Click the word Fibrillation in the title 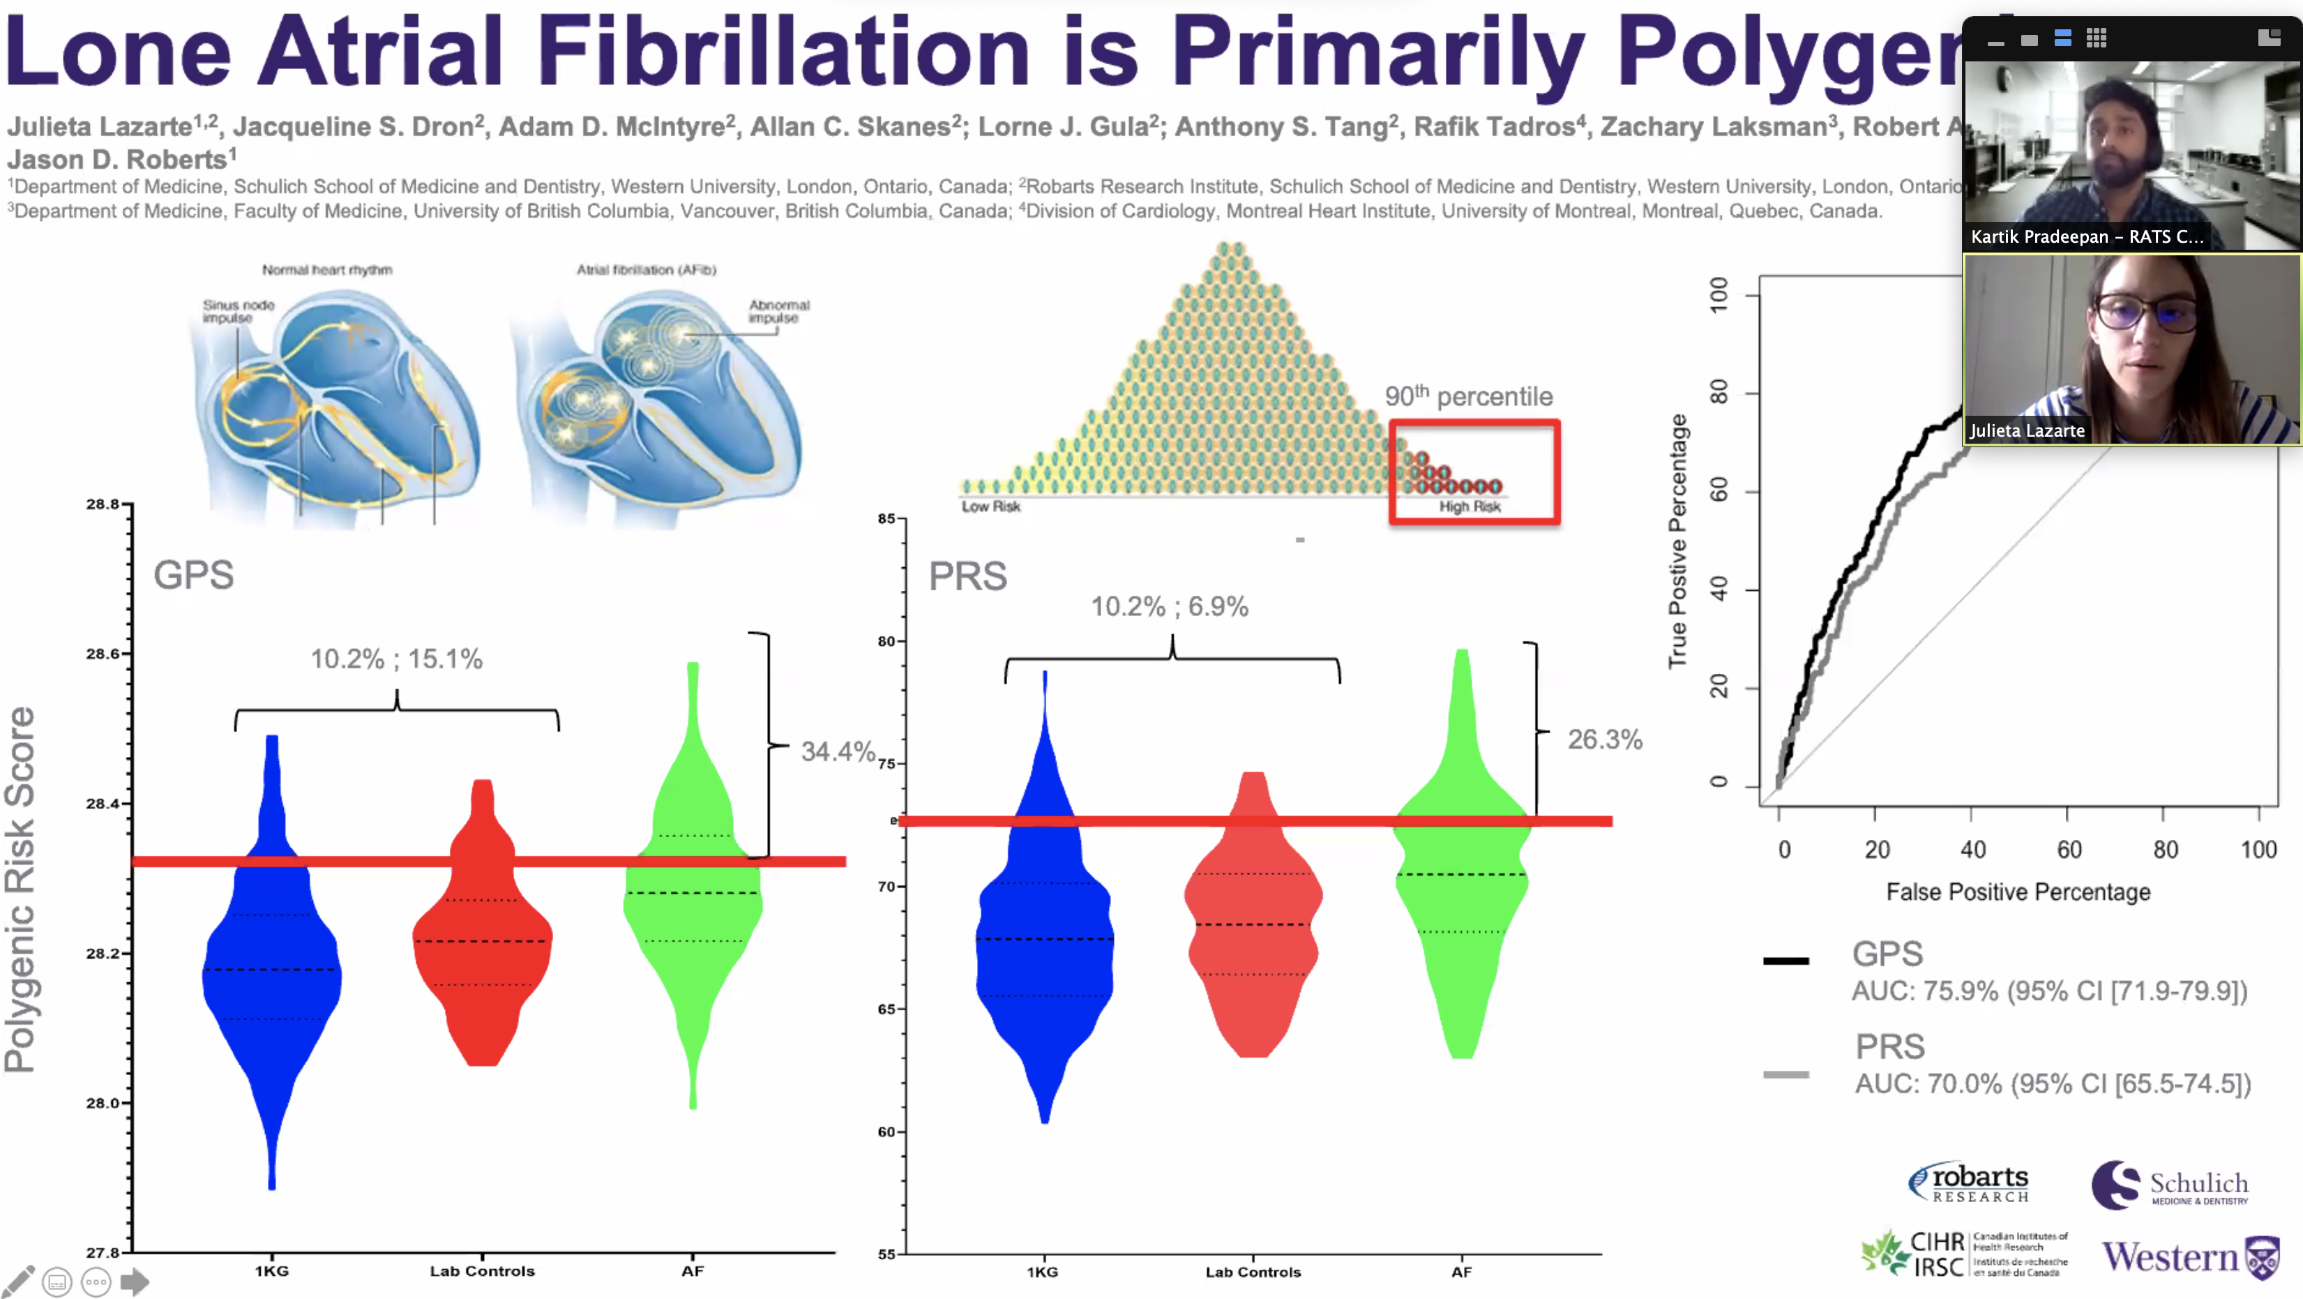tap(784, 52)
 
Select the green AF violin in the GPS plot tap(693, 894)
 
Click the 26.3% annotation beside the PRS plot tap(1605, 739)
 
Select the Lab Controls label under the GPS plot tap(482, 1271)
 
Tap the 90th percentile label tap(1468, 396)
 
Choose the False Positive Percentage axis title tap(2018, 892)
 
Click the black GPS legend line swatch tap(1785, 961)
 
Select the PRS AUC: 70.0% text tap(2053, 1083)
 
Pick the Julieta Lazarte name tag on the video tap(2027, 430)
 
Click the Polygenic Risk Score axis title tap(20, 889)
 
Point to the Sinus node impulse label tap(238, 311)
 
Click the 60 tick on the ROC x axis tap(2069, 849)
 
